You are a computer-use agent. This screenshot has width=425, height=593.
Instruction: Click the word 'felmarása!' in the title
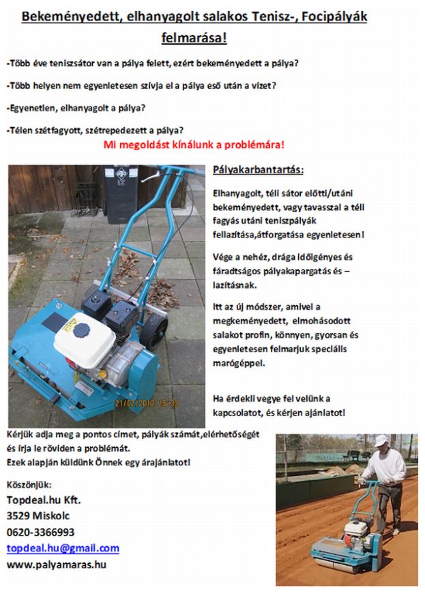click(x=194, y=38)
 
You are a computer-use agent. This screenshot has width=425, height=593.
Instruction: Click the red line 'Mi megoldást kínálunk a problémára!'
click(x=194, y=145)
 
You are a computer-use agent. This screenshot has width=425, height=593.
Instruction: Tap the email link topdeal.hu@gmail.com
click(x=63, y=548)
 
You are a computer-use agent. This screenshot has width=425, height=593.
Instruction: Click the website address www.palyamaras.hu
click(x=57, y=564)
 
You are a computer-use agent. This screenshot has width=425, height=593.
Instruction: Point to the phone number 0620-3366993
click(x=41, y=532)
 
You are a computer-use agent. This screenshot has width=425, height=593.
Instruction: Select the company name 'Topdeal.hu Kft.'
click(x=44, y=500)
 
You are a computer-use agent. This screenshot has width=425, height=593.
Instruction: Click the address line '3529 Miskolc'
click(x=38, y=516)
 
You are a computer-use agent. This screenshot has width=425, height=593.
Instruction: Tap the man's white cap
click(x=381, y=440)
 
